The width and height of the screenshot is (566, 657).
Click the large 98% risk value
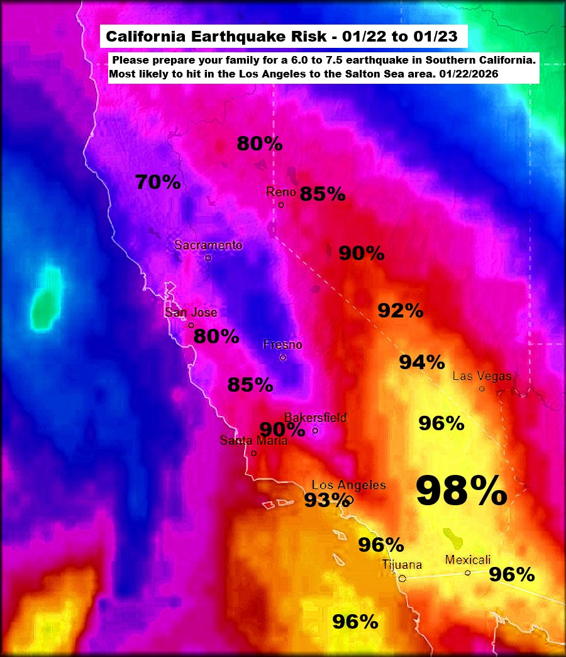(x=462, y=491)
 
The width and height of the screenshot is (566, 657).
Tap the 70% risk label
(x=158, y=183)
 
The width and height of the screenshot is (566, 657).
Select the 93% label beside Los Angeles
(x=326, y=500)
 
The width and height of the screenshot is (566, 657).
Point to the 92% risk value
(x=400, y=311)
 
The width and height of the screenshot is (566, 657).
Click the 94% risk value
(x=422, y=362)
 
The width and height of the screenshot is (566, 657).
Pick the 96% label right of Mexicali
(x=511, y=574)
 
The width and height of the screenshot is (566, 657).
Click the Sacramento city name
(x=208, y=246)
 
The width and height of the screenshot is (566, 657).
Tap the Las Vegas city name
(x=482, y=376)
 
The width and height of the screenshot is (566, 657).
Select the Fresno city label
(x=282, y=345)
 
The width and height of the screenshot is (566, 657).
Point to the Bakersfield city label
(x=315, y=418)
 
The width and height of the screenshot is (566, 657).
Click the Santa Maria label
(x=253, y=441)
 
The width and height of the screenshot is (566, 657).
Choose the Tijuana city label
(x=402, y=565)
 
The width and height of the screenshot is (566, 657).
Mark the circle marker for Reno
(x=281, y=205)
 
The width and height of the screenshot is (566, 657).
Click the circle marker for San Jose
(x=191, y=325)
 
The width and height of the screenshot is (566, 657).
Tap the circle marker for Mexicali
(x=467, y=573)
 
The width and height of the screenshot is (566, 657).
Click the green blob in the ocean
(x=45, y=299)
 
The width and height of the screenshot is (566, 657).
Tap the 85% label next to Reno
(x=322, y=194)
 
